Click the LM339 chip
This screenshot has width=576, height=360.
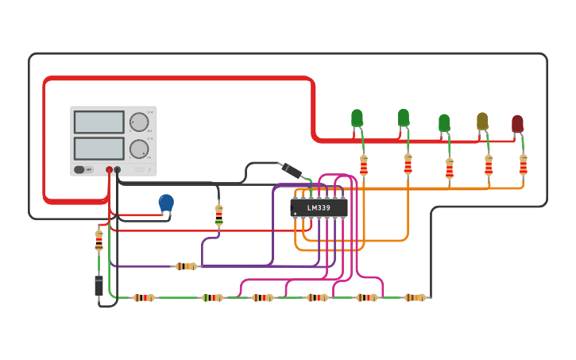coord(319,207)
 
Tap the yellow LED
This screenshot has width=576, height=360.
coord(482,121)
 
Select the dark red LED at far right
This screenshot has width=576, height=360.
coord(517,124)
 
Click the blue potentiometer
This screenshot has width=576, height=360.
coord(166,203)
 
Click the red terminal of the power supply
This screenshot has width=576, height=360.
coord(110,169)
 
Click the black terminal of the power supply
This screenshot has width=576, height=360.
coord(118,169)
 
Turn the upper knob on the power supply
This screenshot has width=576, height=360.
coord(139,122)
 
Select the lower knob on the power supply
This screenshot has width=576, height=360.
coord(139,149)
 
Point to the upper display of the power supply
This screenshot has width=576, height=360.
coord(99,122)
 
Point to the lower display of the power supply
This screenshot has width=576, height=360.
coord(99,149)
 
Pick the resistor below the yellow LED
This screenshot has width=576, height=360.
coord(489,165)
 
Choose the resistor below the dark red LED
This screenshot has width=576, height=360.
coord(524,164)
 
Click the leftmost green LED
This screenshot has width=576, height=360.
coord(357,118)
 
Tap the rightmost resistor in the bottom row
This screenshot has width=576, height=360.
coord(414,297)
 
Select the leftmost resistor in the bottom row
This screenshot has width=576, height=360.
coord(143,297)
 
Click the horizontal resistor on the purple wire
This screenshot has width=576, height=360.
coord(185,266)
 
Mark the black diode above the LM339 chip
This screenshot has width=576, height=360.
coord(291,170)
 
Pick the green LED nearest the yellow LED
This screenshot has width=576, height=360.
coord(444,123)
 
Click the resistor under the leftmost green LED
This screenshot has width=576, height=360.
coord(364,165)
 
